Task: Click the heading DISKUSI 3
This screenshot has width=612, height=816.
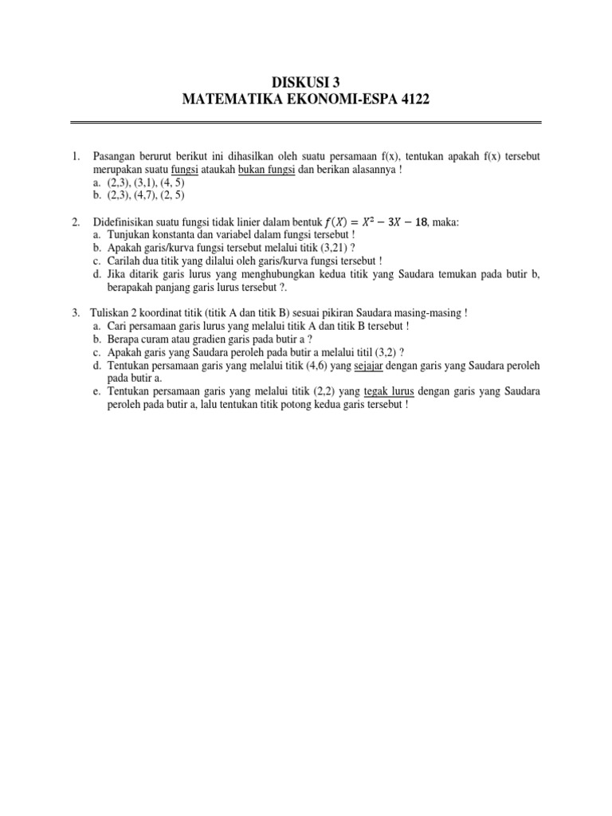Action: [306, 81]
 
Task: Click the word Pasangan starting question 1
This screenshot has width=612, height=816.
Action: [115, 156]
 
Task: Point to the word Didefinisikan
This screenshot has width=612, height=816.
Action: [127, 222]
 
